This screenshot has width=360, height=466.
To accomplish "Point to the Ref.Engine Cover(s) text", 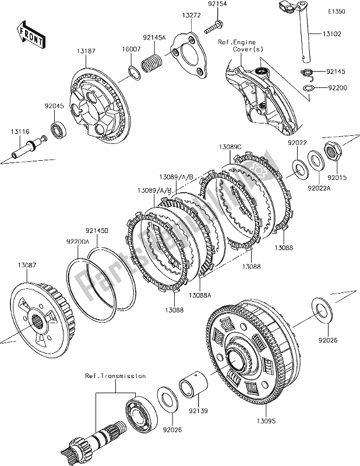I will (x=241, y=46).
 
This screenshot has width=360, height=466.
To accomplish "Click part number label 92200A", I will (x=78, y=241).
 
